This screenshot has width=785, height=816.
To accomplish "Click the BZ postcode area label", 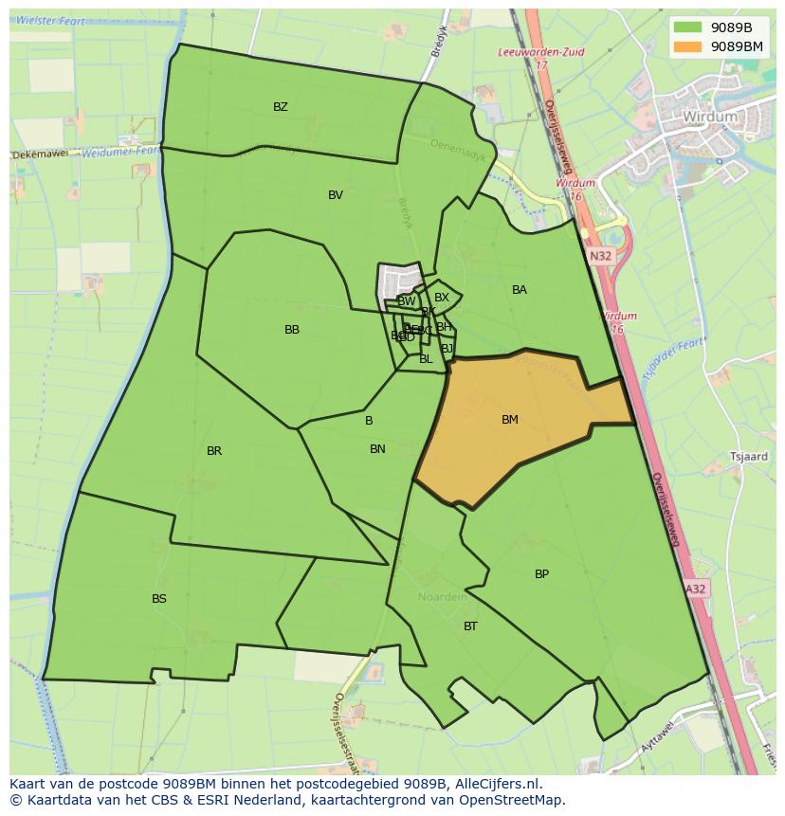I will pyautogui.click(x=281, y=107).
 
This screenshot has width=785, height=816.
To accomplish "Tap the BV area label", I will pyautogui.click(x=336, y=195).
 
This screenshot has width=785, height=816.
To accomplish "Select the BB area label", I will pyautogui.click(x=292, y=330).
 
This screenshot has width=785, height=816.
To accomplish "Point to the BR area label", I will pyautogui.click(x=214, y=451).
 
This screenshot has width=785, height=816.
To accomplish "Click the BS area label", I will pyautogui.click(x=159, y=599).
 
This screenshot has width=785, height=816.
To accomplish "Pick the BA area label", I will pyautogui.click(x=520, y=290).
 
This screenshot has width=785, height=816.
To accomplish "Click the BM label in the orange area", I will pyautogui.click(x=510, y=420).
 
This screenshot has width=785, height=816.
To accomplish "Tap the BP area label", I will pyautogui.click(x=541, y=574).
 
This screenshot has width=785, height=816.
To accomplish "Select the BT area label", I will pyautogui.click(x=470, y=626).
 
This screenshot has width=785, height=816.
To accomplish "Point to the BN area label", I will pyautogui.click(x=377, y=449).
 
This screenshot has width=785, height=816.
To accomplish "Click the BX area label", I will pyautogui.click(x=442, y=298).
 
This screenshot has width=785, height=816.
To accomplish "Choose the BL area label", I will pyautogui.click(x=426, y=359).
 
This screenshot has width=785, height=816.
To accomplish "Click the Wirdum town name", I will pyautogui.click(x=709, y=117).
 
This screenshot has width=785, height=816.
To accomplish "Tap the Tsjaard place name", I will pyautogui.click(x=749, y=456).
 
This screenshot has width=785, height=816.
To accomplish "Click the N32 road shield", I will pyautogui.click(x=600, y=256).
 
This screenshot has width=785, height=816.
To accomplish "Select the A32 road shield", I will pyautogui.click(x=696, y=589).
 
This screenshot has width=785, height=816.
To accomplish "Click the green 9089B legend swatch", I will pyautogui.click(x=688, y=27).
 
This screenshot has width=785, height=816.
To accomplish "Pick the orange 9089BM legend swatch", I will pyautogui.click(x=688, y=45).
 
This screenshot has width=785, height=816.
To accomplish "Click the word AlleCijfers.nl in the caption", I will pyautogui.click(x=494, y=784).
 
